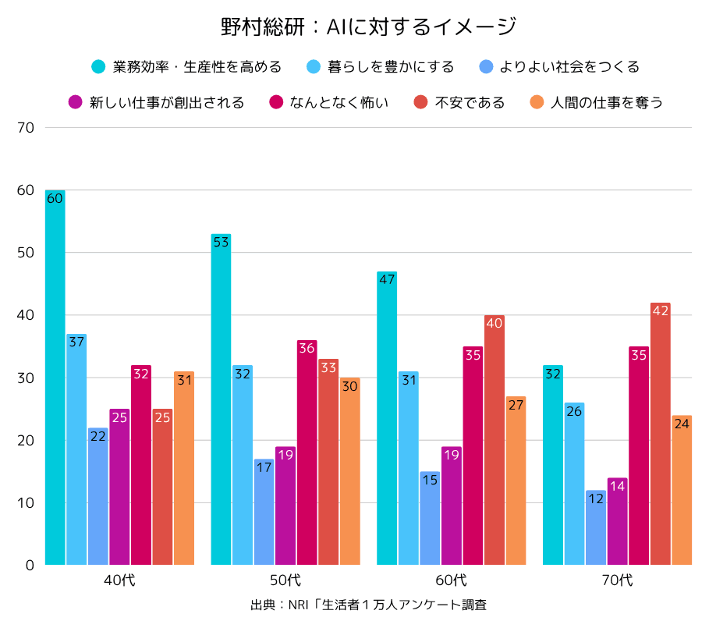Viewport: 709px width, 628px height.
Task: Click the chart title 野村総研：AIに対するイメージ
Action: [369, 27]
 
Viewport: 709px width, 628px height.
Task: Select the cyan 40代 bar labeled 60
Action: [55, 378]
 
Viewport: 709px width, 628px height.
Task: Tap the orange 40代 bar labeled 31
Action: [184, 468]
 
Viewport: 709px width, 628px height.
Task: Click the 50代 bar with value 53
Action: [221, 399]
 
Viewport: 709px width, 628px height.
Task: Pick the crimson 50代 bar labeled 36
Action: [307, 452]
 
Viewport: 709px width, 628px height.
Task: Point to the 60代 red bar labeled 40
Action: [495, 440]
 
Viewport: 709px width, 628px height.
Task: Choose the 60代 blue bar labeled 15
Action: [430, 518]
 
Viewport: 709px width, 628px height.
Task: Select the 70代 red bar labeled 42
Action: [661, 434]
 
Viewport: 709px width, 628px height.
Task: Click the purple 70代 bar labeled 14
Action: [618, 521]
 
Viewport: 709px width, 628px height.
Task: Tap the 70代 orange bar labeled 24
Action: [682, 490]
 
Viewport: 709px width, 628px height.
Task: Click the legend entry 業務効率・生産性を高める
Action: [186, 67]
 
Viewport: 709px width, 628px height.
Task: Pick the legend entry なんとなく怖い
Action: [328, 102]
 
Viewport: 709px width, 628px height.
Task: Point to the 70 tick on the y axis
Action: [25, 127]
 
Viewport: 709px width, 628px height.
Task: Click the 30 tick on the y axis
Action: [25, 378]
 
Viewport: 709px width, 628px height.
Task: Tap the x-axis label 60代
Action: [452, 580]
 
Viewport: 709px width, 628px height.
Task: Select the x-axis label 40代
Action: [119, 580]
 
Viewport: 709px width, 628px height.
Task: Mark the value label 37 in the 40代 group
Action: [76, 342]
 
